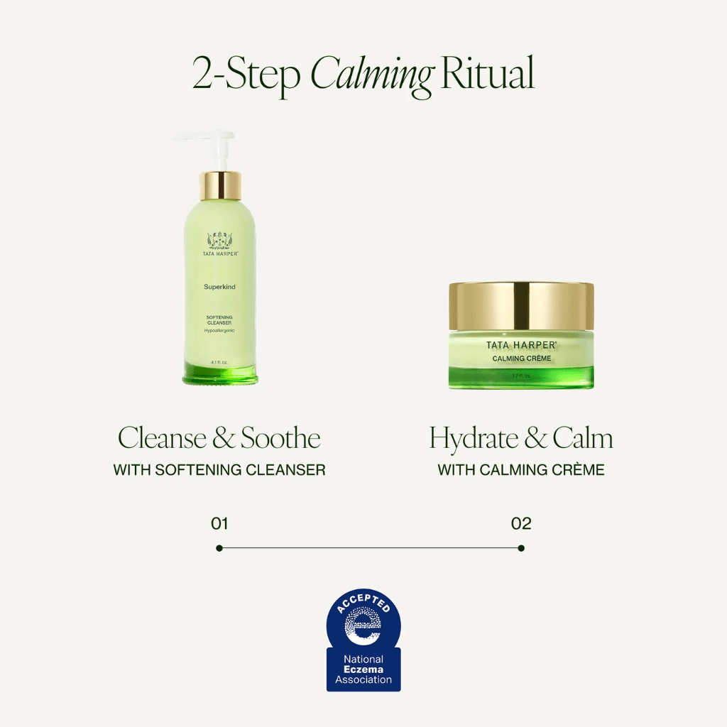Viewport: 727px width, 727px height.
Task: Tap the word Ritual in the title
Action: (487, 74)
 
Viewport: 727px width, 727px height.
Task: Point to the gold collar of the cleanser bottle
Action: (220, 185)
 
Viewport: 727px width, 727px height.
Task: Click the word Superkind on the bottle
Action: (220, 288)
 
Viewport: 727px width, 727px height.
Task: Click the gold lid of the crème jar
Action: (521, 305)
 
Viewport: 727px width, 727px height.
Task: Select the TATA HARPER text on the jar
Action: (521, 345)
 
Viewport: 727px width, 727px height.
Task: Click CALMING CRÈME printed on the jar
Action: (521, 359)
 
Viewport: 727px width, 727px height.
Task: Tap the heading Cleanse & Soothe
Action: (219, 438)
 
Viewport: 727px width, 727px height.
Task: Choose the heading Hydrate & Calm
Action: (521, 439)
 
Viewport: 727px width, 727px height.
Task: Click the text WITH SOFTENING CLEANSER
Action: (219, 470)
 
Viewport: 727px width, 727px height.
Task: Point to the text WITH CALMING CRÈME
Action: (521, 470)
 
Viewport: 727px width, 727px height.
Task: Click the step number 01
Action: (219, 524)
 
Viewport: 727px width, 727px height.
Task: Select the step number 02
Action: (521, 524)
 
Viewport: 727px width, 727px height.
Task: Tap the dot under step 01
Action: (219, 548)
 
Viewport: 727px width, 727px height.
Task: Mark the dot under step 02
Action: (521, 548)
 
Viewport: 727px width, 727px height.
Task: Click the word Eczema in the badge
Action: (363, 669)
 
